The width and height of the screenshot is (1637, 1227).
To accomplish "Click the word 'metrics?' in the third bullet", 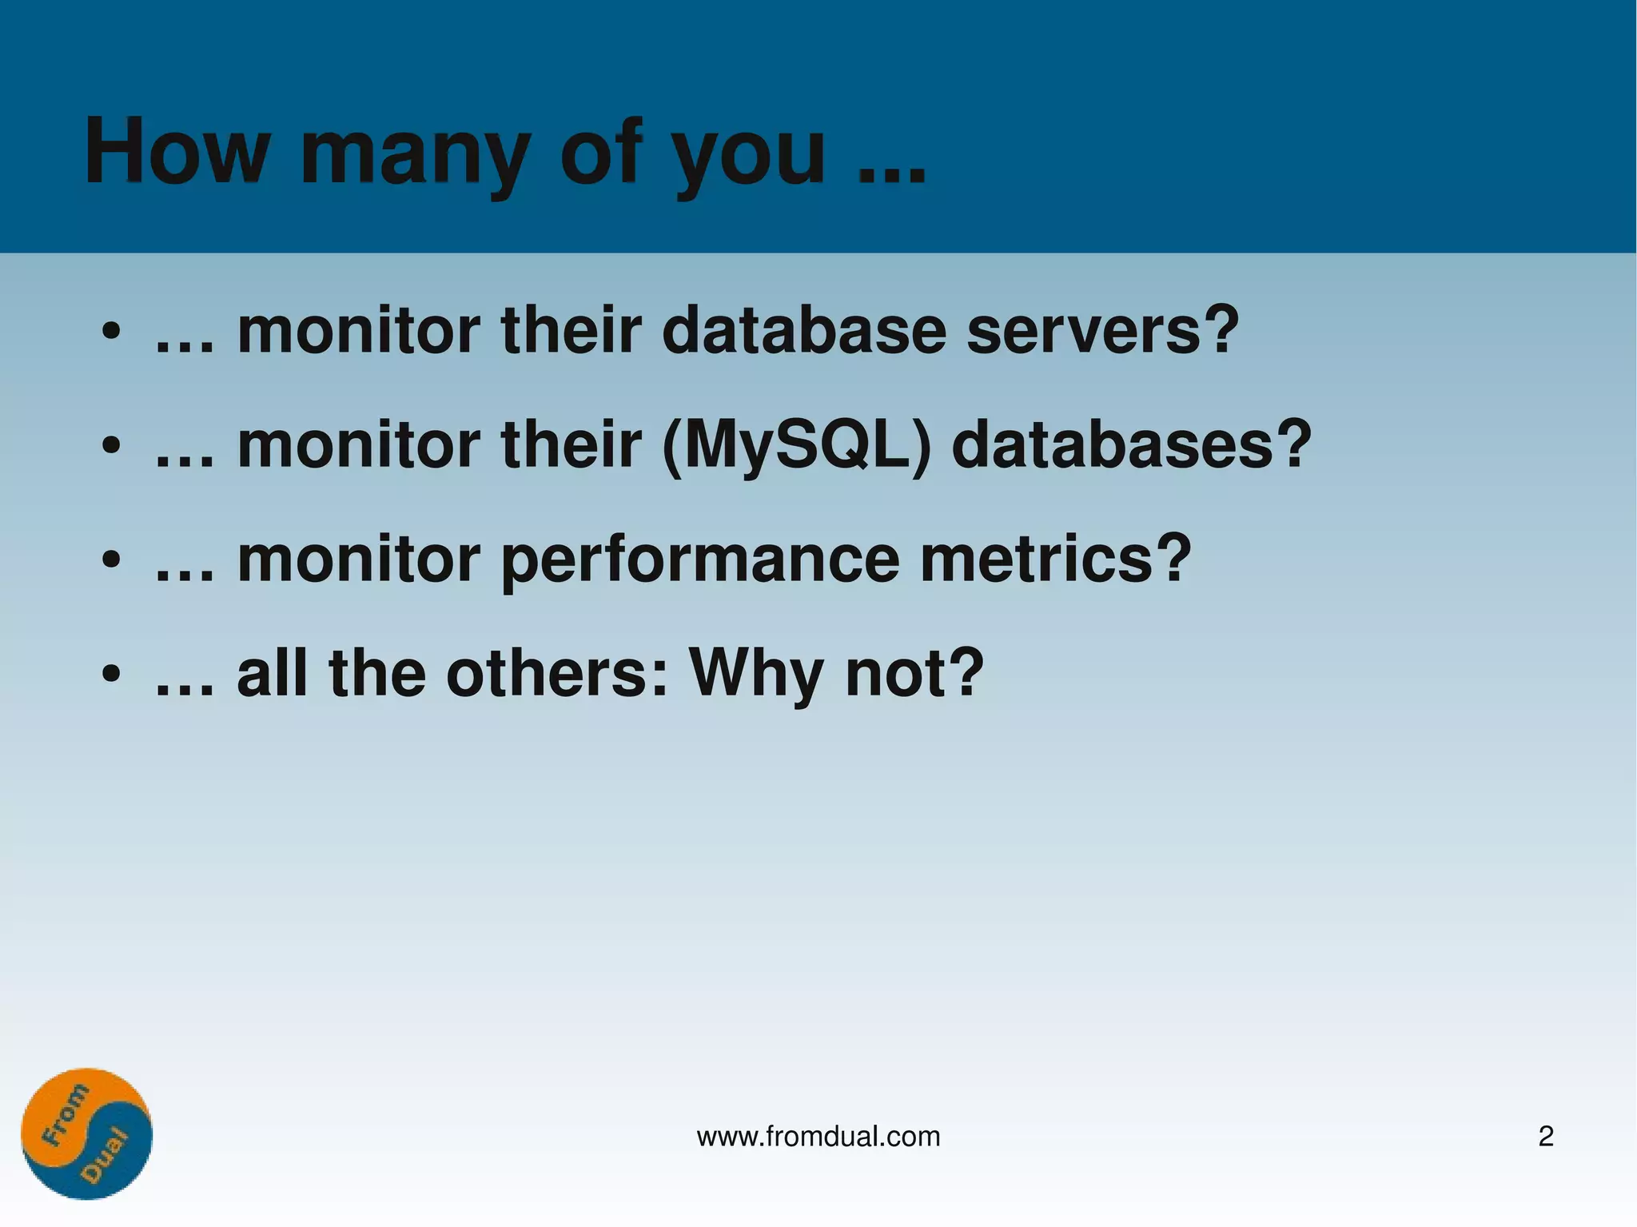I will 1056,559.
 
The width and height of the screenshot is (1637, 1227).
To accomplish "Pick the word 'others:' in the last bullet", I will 556,673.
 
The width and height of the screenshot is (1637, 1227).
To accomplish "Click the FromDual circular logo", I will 86,1133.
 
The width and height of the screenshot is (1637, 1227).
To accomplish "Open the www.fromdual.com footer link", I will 818,1136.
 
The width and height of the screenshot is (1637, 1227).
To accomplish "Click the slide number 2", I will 1546,1136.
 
